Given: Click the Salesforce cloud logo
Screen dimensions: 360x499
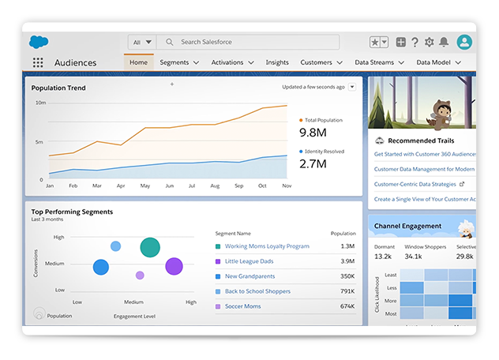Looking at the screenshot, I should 39,42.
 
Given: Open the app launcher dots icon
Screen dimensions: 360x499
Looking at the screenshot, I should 38,62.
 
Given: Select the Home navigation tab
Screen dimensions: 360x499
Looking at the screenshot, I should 138,62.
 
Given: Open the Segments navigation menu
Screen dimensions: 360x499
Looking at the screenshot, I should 178,62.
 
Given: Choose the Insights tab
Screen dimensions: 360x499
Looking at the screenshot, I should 277,62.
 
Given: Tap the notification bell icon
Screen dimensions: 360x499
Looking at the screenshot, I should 444,43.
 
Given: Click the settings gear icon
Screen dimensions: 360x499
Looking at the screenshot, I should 430,43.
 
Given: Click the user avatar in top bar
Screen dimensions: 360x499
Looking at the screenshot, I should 465,43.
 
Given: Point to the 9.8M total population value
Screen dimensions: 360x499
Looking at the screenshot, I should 313,132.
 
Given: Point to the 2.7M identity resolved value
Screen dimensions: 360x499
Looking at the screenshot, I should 313,163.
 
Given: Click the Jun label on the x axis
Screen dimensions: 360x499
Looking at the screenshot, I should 170,186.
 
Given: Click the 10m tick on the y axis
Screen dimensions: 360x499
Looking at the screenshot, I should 40,103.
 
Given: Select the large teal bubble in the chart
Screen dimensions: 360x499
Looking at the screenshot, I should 150,247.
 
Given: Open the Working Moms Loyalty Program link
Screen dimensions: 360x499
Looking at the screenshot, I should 267,246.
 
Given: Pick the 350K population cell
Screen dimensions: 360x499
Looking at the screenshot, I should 347,276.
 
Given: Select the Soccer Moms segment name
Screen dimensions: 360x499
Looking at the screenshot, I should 243,306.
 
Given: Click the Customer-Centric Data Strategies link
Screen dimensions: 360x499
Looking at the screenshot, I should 415,183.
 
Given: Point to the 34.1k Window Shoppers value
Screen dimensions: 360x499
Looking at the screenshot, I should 413,256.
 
